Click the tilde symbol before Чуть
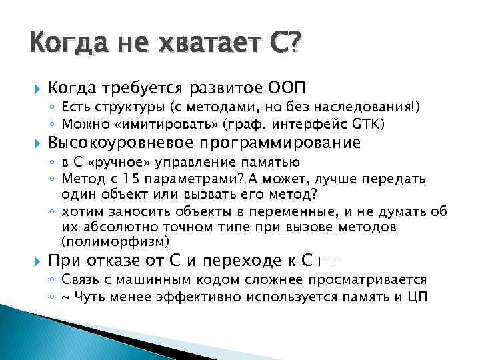pyautogui.click(x=64, y=295)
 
